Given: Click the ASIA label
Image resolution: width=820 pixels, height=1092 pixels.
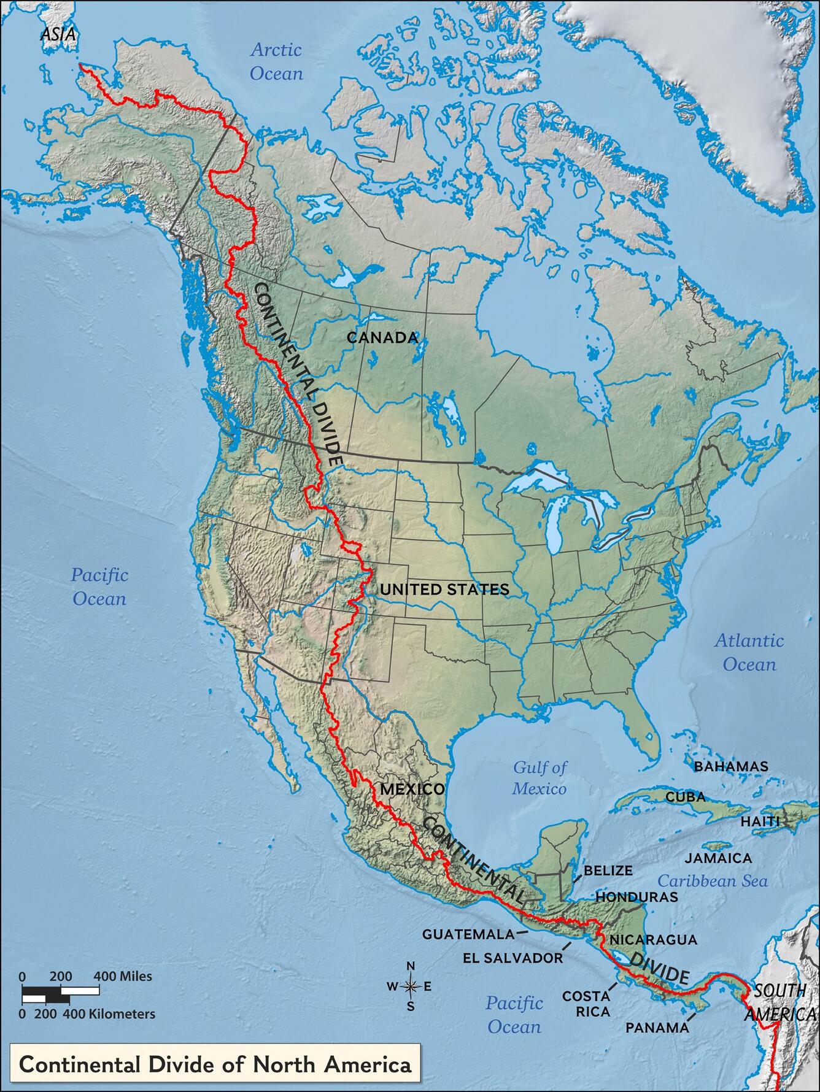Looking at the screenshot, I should click(58, 35).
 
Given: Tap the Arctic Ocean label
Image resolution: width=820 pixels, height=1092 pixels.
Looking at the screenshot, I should click(276, 61).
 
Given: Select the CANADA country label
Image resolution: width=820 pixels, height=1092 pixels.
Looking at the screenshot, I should click(382, 337).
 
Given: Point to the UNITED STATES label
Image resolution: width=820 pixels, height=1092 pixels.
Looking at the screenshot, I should click(444, 590).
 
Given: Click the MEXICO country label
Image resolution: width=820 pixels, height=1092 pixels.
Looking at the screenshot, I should click(412, 789).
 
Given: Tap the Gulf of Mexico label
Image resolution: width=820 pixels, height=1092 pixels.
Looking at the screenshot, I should click(540, 777).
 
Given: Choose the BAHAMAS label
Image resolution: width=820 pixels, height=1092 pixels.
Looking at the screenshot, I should click(730, 766).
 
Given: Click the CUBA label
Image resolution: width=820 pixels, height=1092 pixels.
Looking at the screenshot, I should click(686, 798).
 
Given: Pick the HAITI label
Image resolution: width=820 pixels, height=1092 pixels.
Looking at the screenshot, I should click(760, 821).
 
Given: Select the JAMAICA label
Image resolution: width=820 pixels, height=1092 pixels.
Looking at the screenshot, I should click(718, 858).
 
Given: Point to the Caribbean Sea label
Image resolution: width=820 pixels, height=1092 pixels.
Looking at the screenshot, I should click(713, 881).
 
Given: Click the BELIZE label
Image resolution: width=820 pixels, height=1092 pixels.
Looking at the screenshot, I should click(608, 870).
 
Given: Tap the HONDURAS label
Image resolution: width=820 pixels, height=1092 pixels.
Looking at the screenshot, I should click(636, 896).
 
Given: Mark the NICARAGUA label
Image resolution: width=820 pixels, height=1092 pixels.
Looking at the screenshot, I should click(653, 939).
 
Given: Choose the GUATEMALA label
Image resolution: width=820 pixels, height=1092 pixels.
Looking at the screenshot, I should click(468, 934).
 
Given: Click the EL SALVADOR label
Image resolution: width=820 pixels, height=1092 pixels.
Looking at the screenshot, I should click(513, 958).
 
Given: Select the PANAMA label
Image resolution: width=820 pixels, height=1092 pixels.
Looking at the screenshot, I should click(657, 1027).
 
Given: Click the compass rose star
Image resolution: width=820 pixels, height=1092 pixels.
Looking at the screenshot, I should click(411, 986).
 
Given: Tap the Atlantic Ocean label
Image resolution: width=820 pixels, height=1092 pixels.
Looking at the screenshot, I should click(749, 652).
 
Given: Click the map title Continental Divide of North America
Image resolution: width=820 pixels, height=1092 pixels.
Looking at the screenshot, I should click(215, 1064).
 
